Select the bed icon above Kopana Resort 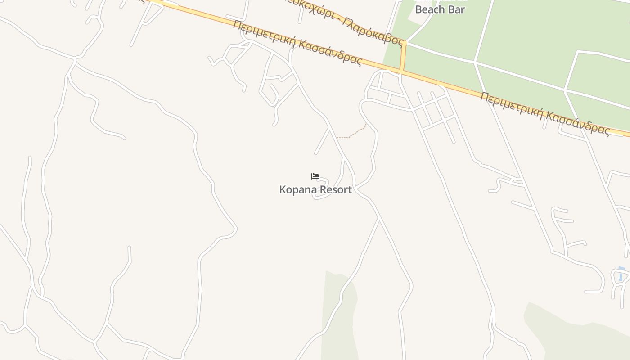pos(315,176)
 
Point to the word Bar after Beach pos(456,9)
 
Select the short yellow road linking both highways pos(403,57)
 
